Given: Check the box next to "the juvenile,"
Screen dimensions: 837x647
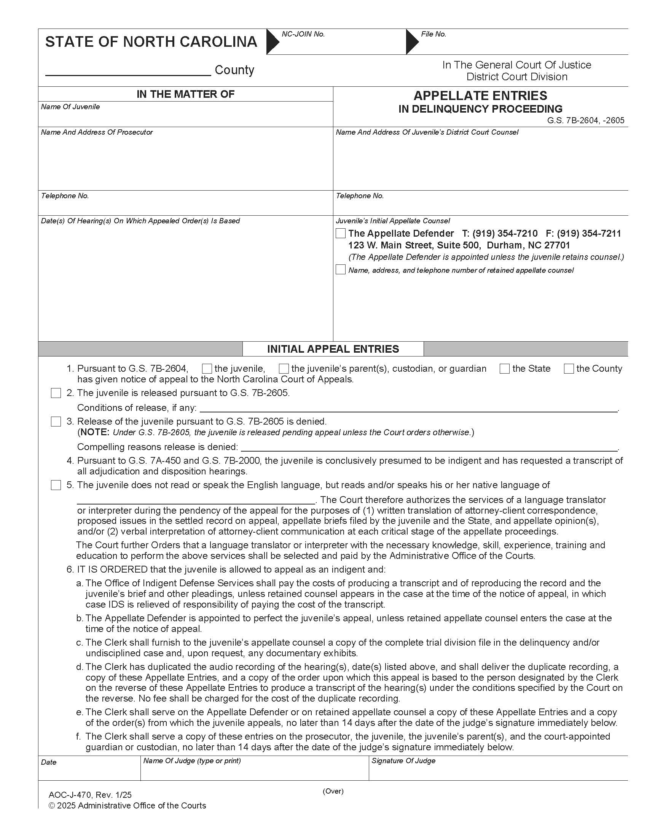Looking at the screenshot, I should point(207,369).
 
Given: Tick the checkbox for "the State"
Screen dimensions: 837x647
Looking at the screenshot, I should point(505,369).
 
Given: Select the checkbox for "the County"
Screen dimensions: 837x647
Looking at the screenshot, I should point(569,369).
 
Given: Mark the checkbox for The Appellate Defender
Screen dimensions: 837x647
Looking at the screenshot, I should point(340,233).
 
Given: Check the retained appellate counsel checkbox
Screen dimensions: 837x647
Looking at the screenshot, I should point(340,269).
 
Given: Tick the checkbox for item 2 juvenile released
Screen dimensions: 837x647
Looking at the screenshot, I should point(56,393).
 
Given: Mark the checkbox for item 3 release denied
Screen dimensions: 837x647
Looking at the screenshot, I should point(56,422).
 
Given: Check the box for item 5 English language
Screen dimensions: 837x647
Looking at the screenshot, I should point(56,485).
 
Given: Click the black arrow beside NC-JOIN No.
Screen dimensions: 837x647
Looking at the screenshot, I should point(273,41).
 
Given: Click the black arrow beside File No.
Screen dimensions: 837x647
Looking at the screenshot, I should point(412,41).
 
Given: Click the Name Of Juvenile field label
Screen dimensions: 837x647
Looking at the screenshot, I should point(70,107).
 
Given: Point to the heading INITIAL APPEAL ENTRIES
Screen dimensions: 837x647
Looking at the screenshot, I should point(333,349).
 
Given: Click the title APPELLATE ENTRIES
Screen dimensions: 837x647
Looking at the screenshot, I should point(480,95).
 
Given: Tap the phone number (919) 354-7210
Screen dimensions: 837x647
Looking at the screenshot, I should point(505,233).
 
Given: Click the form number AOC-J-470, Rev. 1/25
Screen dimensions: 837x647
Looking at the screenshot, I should point(90,795).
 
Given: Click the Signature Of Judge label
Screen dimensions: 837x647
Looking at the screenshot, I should point(403,761).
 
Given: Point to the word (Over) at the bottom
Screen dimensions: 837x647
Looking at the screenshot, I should point(333,791).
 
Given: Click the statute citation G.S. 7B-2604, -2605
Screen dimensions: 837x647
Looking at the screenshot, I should point(585,121).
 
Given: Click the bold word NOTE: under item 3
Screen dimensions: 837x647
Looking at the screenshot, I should point(95,433).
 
